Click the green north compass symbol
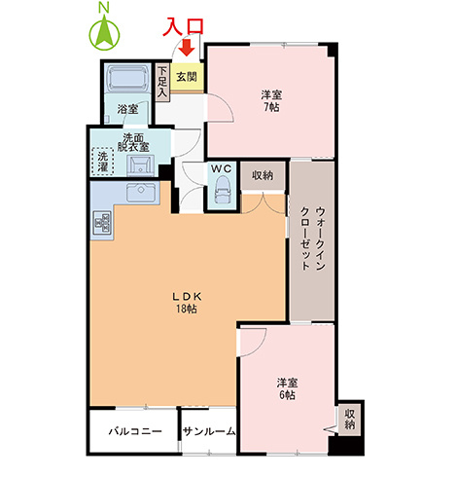click(103, 34)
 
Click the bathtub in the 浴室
click(127, 80)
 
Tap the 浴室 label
click(127, 109)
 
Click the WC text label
click(221, 167)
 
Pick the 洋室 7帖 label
click(270, 100)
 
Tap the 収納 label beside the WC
click(262, 175)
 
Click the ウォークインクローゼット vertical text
click(311, 238)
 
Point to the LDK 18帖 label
click(186, 301)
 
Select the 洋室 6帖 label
click(286, 388)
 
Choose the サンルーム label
click(208, 429)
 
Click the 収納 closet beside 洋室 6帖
click(349, 419)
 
